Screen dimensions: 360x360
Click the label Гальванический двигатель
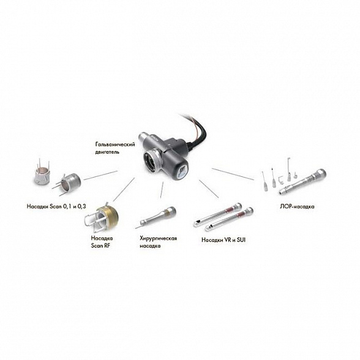coord(115,148)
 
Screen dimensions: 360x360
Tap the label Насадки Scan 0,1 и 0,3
coord(56,206)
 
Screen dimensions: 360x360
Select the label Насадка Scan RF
coord(102,242)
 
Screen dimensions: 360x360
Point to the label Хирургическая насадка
coord(158,242)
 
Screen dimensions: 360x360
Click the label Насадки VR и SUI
coord(223,240)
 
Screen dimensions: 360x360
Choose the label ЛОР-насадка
coord(297,206)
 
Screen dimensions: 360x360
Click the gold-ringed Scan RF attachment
coord(102,217)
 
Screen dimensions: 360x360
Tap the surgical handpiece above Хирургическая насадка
coord(156,217)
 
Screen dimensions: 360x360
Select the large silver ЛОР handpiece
coord(302,182)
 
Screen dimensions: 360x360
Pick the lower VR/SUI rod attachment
coord(229,219)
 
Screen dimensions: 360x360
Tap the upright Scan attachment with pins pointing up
coord(42,172)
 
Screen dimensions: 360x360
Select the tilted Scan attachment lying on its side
coord(67,183)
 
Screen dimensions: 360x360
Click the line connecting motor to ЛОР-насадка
coord(233,174)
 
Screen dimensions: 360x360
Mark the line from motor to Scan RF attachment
coord(124,190)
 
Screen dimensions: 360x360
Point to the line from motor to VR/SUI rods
coord(209,189)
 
